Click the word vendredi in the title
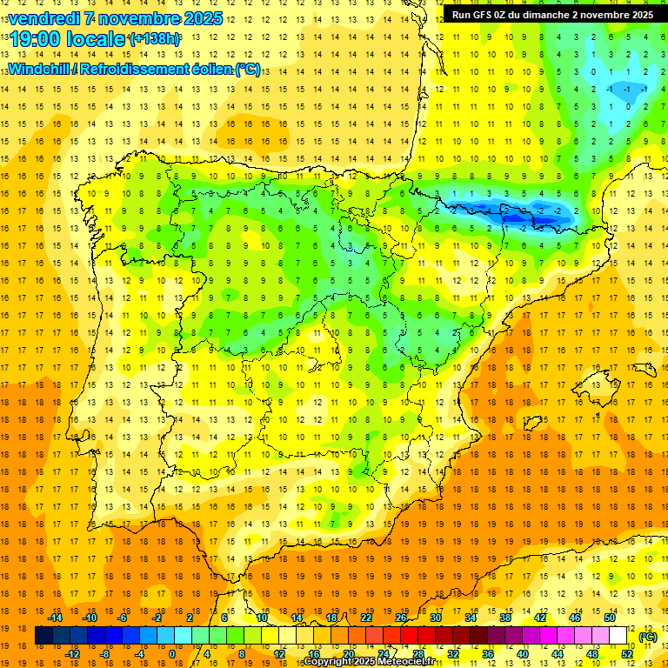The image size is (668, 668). click(x=43, y=18)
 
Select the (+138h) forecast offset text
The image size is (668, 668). click(x=154, y=39)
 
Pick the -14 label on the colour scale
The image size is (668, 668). click(x=56, y=618)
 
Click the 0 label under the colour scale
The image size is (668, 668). click(x=172, y=654)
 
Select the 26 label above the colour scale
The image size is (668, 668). click(x=401, y=618)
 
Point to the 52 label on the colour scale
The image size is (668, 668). click(x=627, y=654)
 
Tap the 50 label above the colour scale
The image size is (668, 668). click(x=610, y=618)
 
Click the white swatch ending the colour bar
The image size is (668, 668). click(x=618, y=636)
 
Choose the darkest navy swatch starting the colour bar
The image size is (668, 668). click(x=43, y=636)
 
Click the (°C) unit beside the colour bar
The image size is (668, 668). click(x=647, y=637)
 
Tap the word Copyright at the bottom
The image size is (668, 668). click(x=328, y=662)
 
